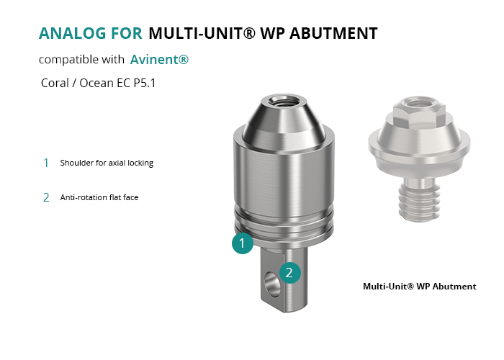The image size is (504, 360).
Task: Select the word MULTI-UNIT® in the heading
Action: pyautogui.click(x=202, y=33)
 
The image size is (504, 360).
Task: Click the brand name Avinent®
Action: pyautogui.click(x=159, y=60)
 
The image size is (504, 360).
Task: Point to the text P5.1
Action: pyautogui.click(x=145, y=83)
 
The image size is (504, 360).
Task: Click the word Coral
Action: pyautogui.click(x=55, y=83)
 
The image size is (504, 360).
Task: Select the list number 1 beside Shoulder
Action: pyautogui.click(x=46, y=163)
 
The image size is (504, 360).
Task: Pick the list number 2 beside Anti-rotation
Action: pyautogui.click(x=46, y=197)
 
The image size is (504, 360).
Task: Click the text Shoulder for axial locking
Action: pyautogui.click(x=107, y=163)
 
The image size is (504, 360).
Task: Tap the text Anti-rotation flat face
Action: pyautogui.click(x=99, y=197)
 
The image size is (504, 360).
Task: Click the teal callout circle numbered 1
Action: pyautogui.click(x=243, y=243)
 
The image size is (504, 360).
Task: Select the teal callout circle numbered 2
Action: pyautogui.click(x=290, y=273)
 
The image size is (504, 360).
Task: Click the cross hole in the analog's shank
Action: pyautogui.click(x=272, y=284)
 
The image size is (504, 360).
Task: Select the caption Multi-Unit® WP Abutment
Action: pyautogui.click(x=420, y=287)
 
